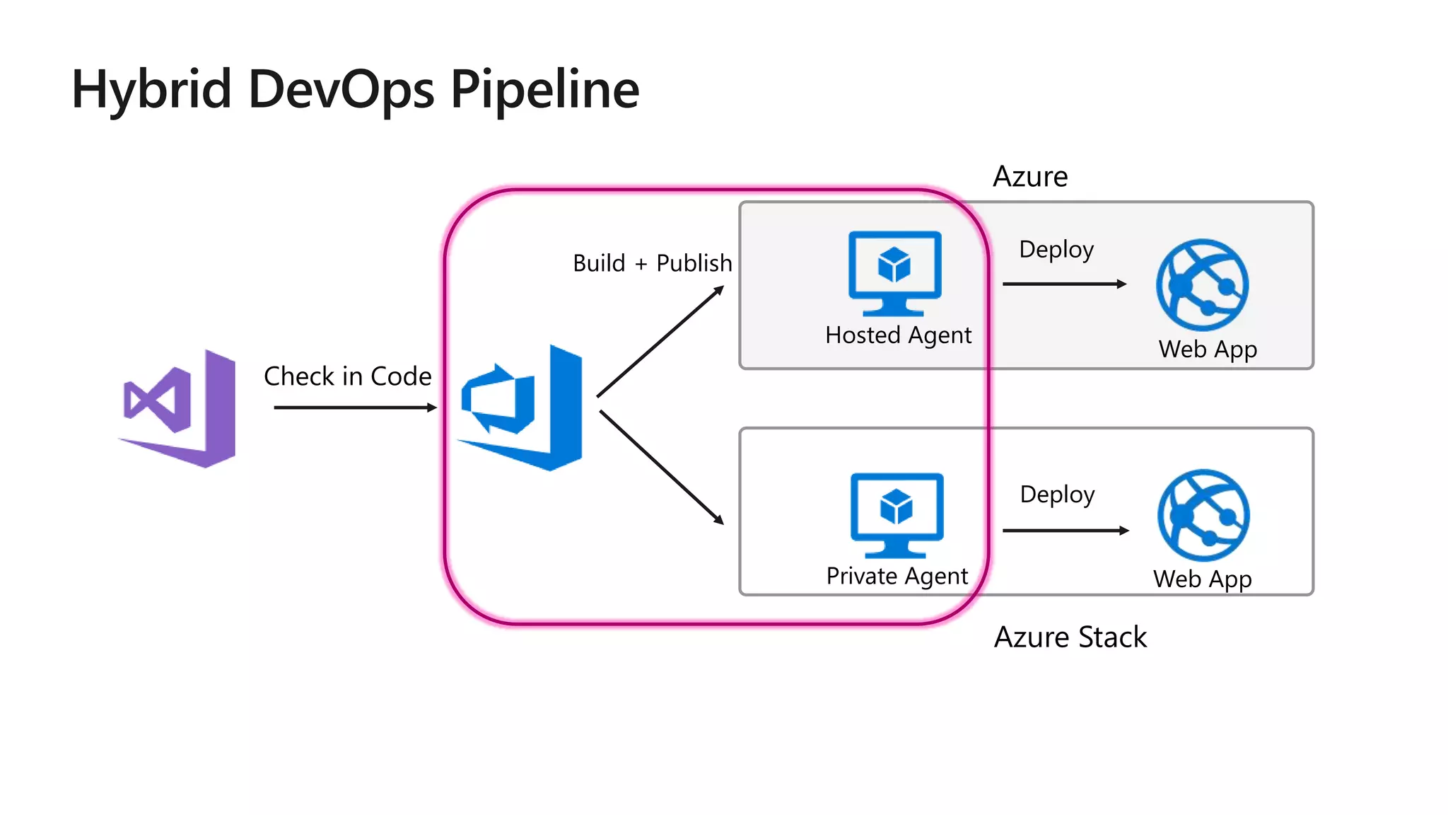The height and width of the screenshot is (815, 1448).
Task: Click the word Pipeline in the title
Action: tap(544, 90)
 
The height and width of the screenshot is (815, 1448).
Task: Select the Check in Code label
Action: tap(347, 376)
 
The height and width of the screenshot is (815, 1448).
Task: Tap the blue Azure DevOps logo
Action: tap(522, 408)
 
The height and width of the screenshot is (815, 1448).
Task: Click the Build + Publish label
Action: tap(652, 263)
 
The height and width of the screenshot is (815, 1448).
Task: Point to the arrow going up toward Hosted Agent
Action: tap(660, 342)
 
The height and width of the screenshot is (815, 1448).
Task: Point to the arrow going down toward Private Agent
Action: tap(661, 467)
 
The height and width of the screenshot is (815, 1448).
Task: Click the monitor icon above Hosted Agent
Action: tap(894, 273)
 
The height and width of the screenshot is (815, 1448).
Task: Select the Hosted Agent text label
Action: tap(898, 335)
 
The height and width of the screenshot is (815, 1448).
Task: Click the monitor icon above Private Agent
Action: tap(896, 515)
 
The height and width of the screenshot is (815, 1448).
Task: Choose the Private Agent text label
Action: tap(897, 576)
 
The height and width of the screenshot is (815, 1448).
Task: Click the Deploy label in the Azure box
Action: tap(1056, 250)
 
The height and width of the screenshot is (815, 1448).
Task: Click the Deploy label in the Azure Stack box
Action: tap(1057, 495)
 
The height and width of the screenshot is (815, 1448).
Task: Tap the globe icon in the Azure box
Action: tap(1202, 284)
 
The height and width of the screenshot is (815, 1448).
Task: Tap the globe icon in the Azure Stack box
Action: tap(1203, 515)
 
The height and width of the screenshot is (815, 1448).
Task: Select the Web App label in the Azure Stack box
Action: tap(1202, 579)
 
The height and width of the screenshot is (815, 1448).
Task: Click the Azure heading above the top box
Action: tap(1029, 177)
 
